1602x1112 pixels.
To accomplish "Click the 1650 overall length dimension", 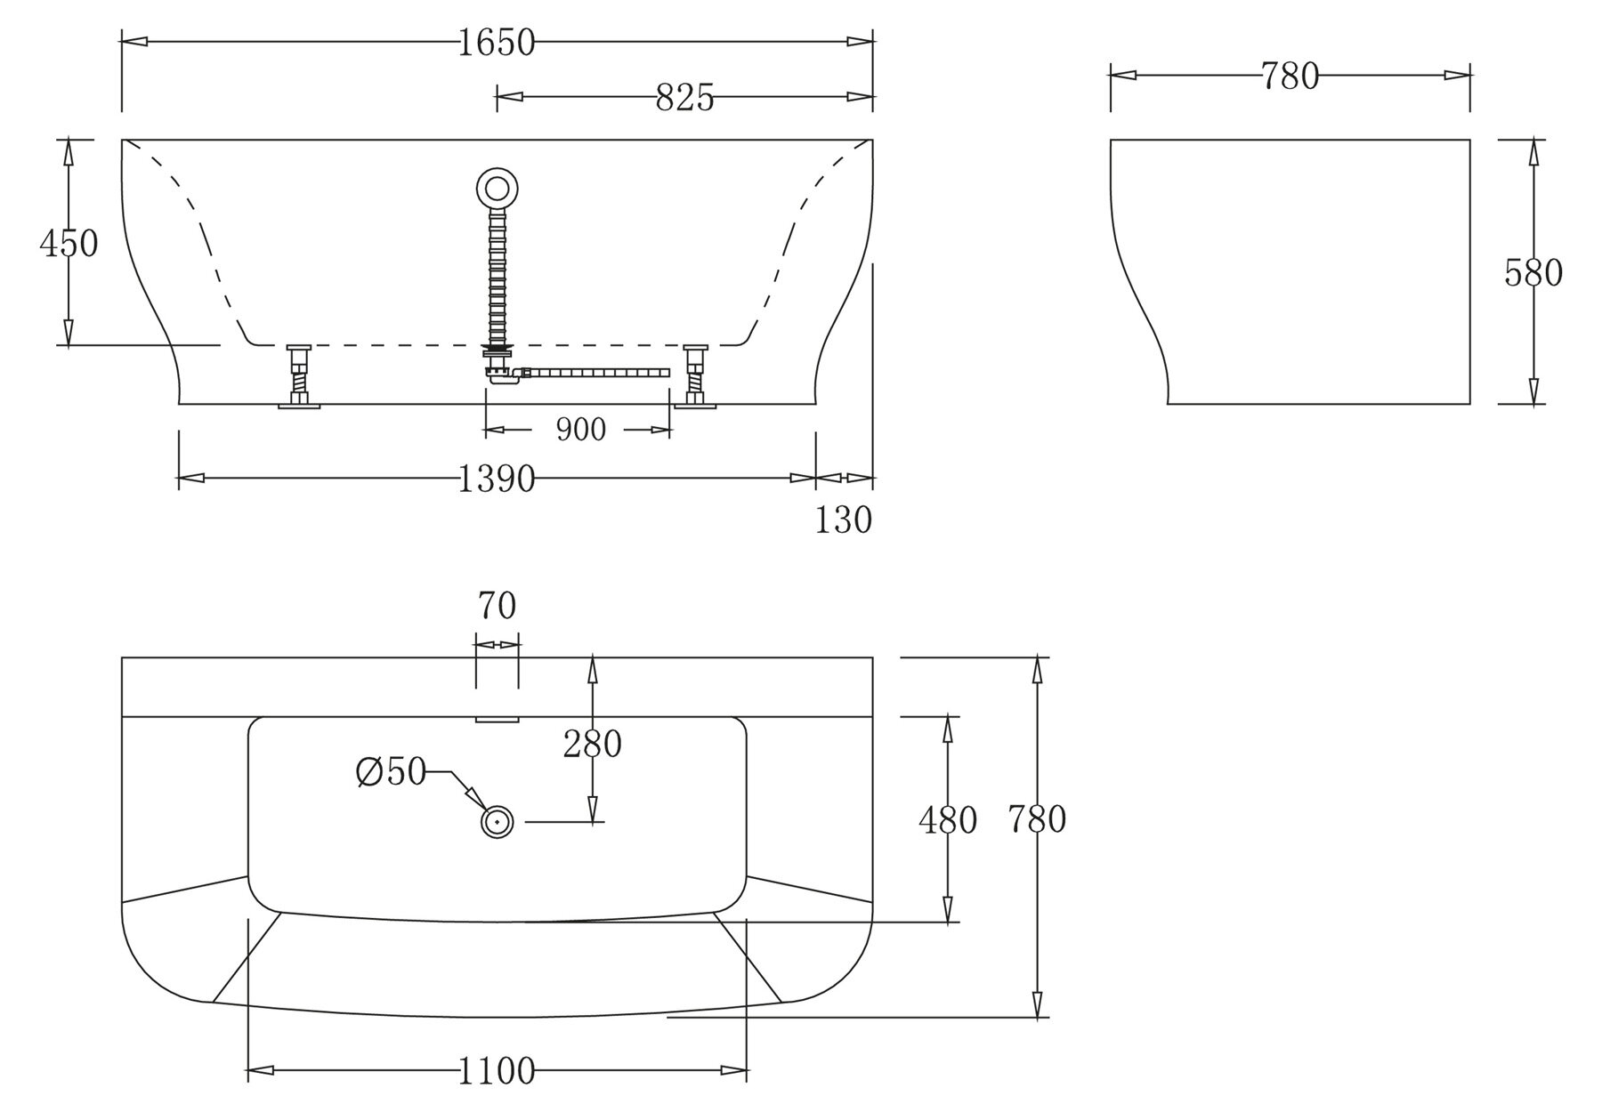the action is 497,43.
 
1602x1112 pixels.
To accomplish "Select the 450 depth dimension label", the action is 69,243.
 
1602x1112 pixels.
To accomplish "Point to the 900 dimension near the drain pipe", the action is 580,431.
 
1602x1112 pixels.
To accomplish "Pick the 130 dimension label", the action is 843,520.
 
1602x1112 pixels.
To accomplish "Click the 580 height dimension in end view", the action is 1533,273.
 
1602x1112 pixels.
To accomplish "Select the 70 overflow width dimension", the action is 497,607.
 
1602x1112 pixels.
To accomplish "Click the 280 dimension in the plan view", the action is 592,744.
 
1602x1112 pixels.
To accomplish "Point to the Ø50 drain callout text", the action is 392,772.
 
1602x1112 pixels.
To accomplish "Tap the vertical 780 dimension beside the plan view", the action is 1037,819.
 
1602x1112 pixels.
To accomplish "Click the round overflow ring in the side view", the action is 498,189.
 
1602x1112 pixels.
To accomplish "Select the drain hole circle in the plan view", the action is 498,821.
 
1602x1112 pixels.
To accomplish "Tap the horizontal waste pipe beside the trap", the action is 596,373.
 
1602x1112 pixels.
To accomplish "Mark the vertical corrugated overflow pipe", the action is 498,276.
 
